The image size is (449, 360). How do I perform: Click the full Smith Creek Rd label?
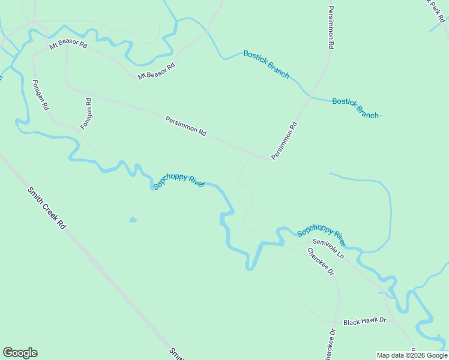tap(46, 208)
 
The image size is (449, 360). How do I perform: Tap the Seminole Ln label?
tap(328, 249)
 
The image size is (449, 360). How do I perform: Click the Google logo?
tap(20, 352)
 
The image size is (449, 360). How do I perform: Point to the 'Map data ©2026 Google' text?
tap(412, 355)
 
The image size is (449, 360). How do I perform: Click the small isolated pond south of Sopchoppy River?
tap(133, 220)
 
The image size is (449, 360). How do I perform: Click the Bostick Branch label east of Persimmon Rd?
tap(355, 108)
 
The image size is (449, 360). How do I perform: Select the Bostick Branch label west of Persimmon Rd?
tap(266, 64)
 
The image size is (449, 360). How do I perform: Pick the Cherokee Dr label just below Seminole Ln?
tap(321, 262)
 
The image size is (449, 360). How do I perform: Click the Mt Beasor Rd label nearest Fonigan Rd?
tap(68, 45)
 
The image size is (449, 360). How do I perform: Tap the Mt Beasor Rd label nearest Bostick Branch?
tap(156, 71)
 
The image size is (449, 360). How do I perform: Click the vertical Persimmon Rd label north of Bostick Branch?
tap(331, 28)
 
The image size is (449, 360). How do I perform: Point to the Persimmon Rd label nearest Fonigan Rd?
tap(185, 126)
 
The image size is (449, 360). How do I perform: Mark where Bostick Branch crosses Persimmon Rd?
tap(309, 96)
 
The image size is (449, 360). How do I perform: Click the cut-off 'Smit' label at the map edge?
tap(176, 353)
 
